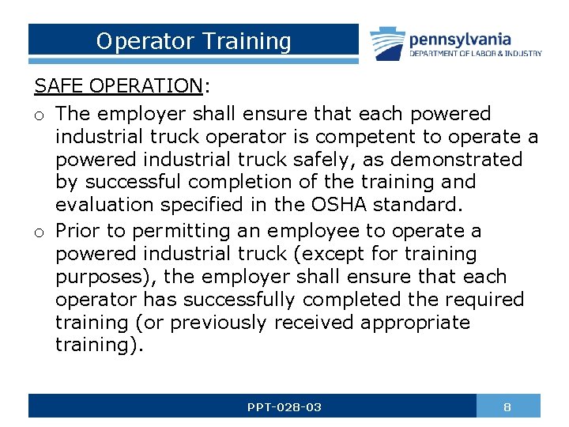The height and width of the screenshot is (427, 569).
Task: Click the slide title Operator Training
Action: (194, 41)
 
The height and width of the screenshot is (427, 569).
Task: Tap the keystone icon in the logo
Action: (386, 43)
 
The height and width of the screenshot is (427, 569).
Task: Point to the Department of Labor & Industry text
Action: (475, 54)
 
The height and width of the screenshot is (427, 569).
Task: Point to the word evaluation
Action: (105, 206)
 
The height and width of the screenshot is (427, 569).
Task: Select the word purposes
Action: (100, 278)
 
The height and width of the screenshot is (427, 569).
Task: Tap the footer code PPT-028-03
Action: (284, 406)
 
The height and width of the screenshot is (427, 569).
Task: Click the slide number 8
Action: (507, 406)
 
